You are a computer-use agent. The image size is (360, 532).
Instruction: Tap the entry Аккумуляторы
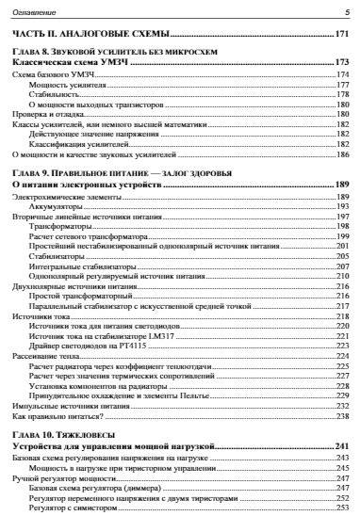tap(57, 205)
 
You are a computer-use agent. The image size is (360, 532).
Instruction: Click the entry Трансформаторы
tap(60, 226)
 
